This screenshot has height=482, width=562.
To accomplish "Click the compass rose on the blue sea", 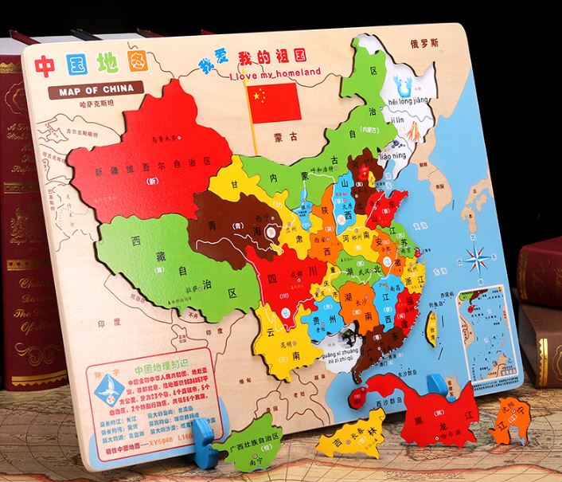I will tap(478, 258).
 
